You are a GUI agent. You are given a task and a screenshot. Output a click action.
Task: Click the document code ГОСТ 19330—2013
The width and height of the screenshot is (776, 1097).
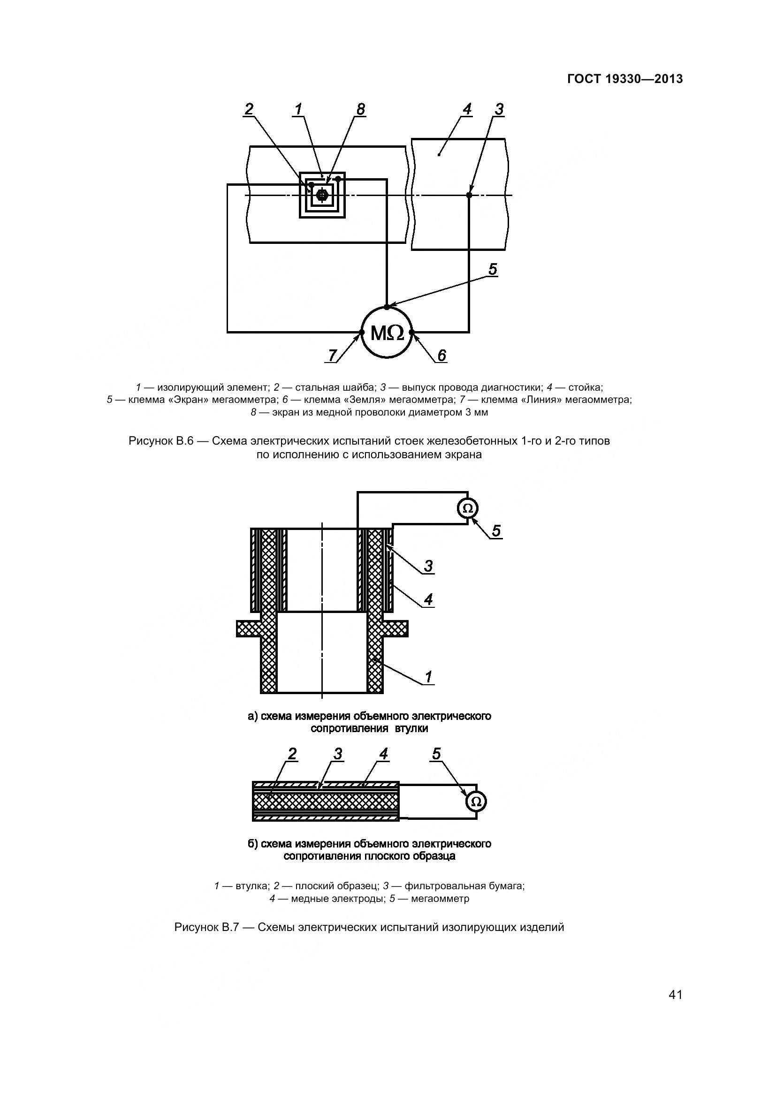tap(624, 79)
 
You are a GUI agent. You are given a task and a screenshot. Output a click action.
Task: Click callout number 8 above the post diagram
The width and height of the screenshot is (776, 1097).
tap(360, 109)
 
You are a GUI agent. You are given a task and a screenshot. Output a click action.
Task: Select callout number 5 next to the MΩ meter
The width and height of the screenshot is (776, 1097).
tap(493, 270)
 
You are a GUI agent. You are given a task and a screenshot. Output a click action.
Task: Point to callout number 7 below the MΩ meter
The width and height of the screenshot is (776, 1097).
tap(333, 355)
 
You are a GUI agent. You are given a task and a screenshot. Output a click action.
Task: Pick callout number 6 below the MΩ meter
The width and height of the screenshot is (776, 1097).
tap(441, 355)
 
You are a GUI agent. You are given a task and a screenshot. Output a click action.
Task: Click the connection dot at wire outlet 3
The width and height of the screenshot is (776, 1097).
tap(469, 195)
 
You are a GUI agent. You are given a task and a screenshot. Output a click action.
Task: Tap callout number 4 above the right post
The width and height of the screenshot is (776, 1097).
tap(467, 109)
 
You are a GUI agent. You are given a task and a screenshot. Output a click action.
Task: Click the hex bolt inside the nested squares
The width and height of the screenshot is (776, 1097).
tap(322, 195)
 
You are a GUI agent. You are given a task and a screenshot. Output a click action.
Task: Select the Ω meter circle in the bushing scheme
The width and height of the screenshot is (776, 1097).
tap(468, 508)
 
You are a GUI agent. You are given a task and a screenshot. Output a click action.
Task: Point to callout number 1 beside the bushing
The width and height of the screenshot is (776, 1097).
tap(428, 677)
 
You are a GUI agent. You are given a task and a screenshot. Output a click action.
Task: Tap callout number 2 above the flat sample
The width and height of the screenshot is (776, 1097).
tap(292, 754)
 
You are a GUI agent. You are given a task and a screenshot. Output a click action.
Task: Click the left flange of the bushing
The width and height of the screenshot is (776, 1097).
tap(249, 629)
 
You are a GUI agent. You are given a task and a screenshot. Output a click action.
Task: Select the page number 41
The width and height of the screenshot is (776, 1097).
tap(675, 995)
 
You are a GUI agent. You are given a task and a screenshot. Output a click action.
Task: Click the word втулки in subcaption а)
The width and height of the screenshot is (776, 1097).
tap(411, 729)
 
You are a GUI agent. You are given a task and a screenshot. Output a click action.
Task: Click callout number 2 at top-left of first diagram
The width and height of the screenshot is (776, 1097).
tap(249, 109)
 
